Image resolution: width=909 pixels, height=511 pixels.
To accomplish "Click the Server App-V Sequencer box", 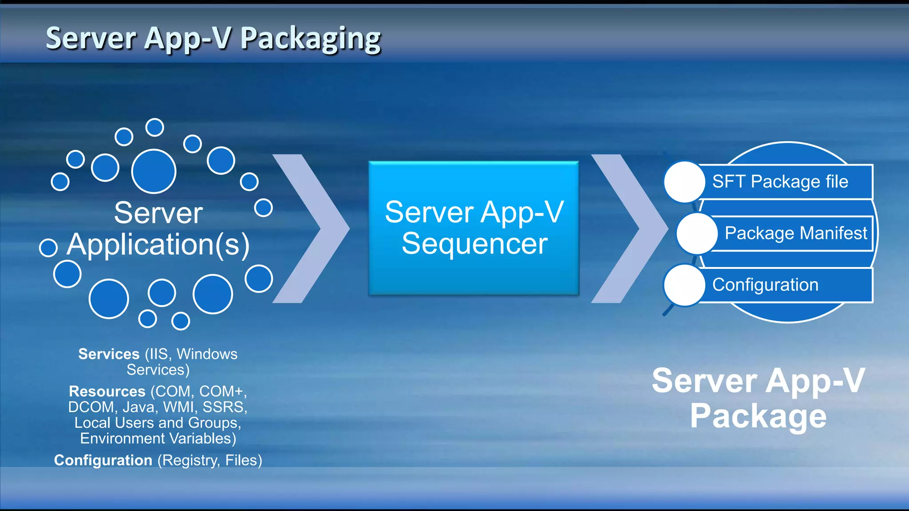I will click(474, 228).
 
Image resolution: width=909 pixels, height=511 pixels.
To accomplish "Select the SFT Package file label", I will click(780, 181).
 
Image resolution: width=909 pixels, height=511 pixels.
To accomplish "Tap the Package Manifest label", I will click(795, 233).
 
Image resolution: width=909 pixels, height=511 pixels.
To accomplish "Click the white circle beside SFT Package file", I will click(684, 182).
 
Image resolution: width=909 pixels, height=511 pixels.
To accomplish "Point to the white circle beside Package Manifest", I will click(697, 233).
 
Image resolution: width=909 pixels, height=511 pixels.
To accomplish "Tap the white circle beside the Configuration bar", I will click(684, 285).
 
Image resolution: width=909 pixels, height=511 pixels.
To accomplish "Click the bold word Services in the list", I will click(109, 354).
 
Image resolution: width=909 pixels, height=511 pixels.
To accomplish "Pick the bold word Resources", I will click(107, 391).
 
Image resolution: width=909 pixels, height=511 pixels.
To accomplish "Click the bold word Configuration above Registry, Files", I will click(103, 460).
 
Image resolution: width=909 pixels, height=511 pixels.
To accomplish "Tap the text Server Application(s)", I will click(158, 228).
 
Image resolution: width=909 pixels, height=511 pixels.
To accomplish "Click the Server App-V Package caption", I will click(758, 398).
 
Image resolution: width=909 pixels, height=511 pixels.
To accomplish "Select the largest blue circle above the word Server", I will click(154, 171).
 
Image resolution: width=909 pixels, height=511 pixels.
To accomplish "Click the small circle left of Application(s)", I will click(48, 248).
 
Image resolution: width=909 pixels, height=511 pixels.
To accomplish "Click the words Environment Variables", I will click(158, 439).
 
